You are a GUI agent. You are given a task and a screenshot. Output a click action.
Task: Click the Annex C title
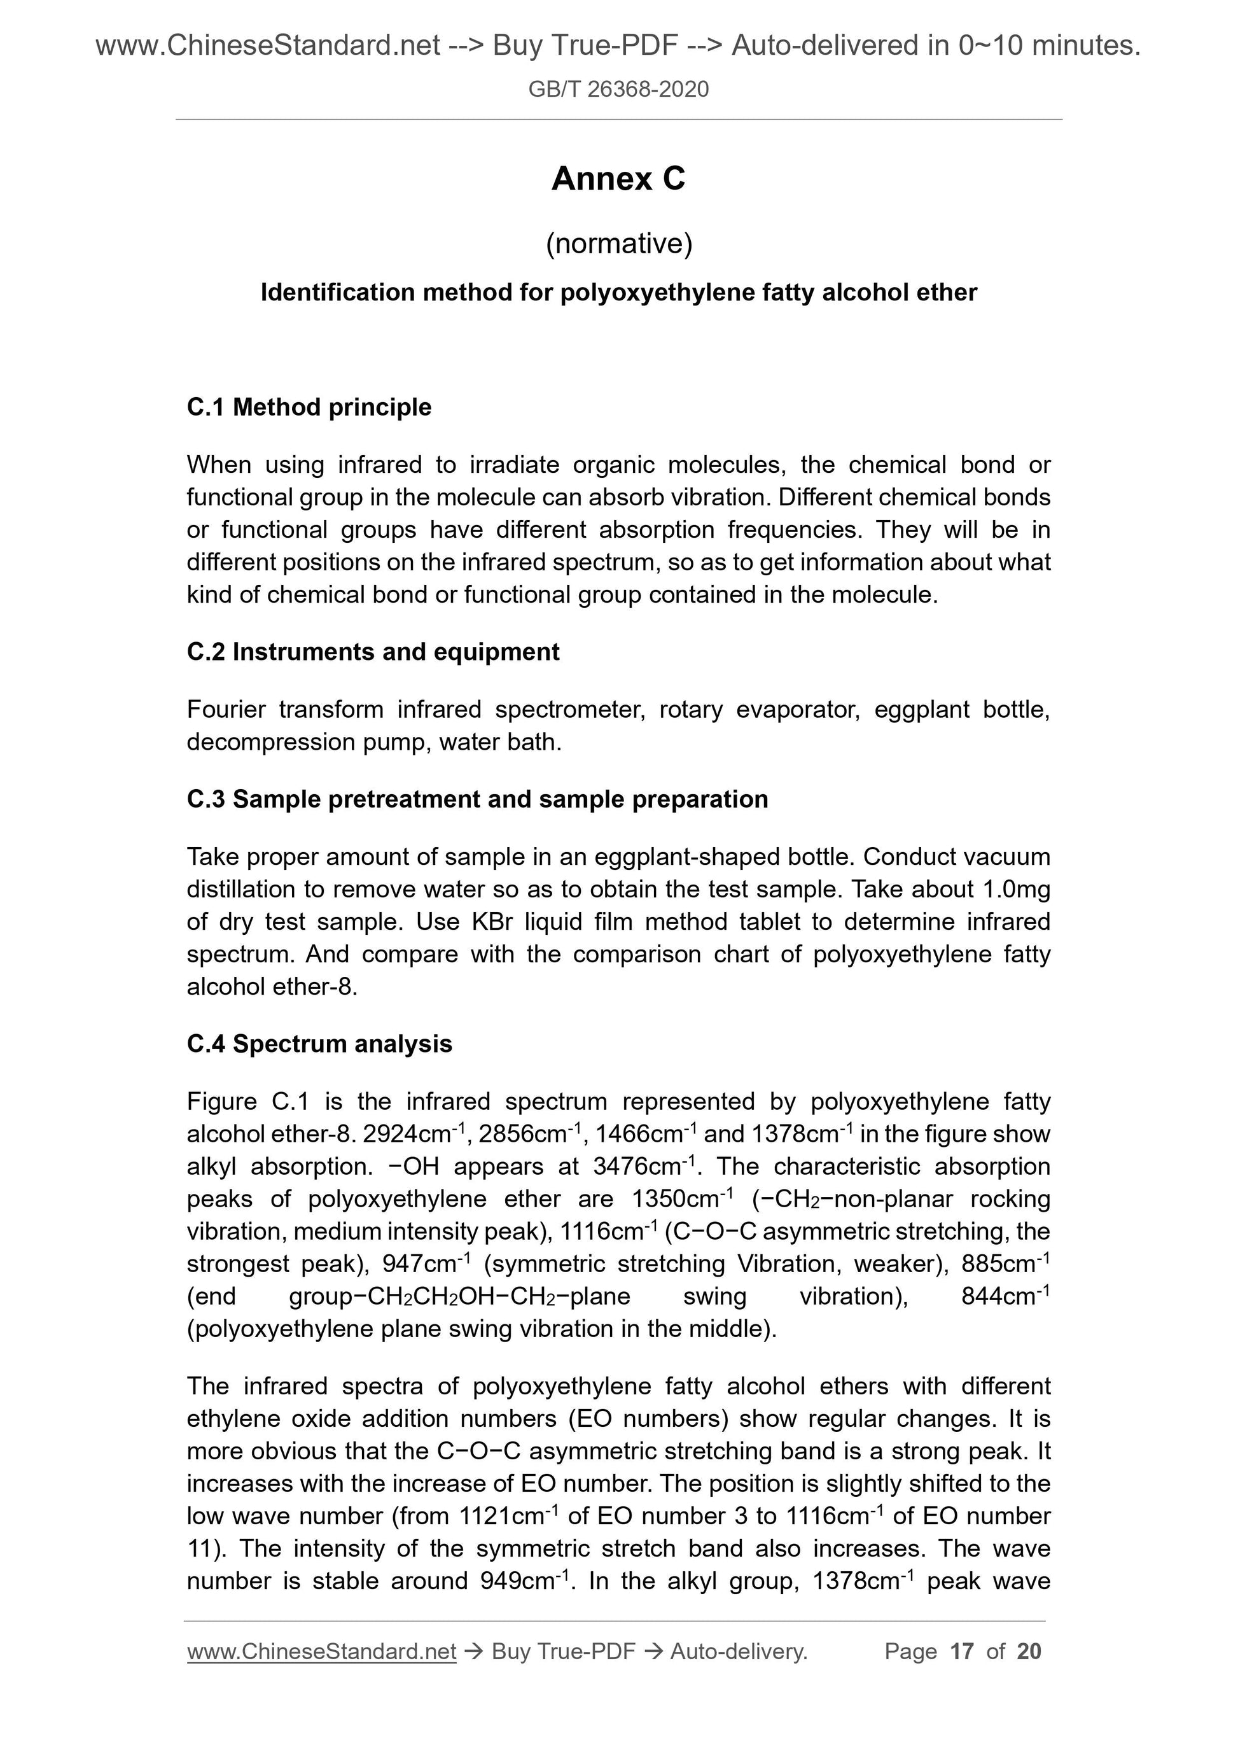pos(618,179)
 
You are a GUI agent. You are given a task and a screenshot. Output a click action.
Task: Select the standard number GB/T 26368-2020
pos(618,89)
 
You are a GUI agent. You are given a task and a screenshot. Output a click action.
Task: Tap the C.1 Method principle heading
pos(309,407)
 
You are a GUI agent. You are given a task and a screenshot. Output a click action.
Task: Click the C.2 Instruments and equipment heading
pos(373,652)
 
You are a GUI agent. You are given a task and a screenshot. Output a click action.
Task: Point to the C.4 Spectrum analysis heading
pos(319,1044)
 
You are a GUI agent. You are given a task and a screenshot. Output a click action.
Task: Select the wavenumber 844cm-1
pos(1005,1296)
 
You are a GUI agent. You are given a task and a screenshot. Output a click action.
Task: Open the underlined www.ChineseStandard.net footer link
pos(321,1651)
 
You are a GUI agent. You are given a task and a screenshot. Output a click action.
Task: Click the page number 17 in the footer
pos(962,1651)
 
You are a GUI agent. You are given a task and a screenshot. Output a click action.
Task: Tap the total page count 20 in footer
pos(1028,1651)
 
